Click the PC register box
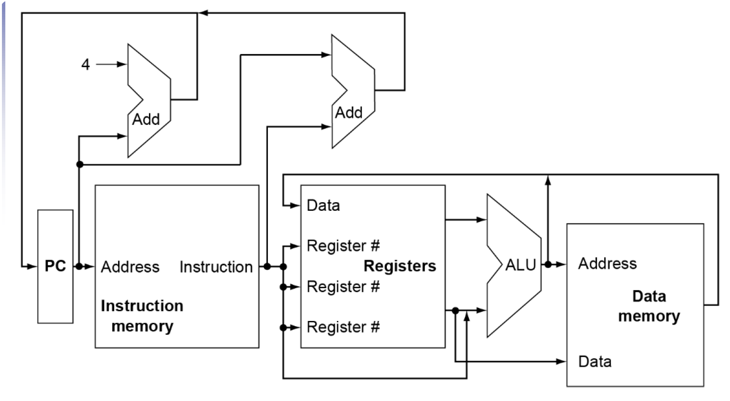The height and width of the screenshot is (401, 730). tap(55, 266)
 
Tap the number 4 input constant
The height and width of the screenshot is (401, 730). tap(86, 64)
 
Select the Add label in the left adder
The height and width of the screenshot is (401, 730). tap(146, 119)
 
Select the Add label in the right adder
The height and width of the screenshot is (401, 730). tap(349, 112)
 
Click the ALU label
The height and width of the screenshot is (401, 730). tap(520, 265)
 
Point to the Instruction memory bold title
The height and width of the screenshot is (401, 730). tap(142, 316)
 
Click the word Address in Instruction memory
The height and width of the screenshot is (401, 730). tap(130, 267)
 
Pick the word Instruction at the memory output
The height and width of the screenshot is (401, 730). tap(216, 267)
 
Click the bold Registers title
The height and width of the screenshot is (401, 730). tap(399, 266)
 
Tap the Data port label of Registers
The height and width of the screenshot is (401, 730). tap(323, 206)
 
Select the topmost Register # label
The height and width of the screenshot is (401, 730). tap(343, 246)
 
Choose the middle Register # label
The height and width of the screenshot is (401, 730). tap(343, 287)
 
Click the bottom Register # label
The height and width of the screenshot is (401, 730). tap(343, 327)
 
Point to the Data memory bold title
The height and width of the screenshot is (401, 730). tap(649, 306)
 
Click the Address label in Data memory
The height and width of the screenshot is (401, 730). tap(607, 263)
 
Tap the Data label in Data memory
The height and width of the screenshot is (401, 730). tap(595, 361)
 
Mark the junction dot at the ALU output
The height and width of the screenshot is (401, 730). tap(548, 264)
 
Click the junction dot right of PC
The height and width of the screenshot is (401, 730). tap(79, 266)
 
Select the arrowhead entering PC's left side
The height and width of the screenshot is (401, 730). tap(33, 266)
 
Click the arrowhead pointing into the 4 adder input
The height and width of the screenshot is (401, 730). tap(122, 64)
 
